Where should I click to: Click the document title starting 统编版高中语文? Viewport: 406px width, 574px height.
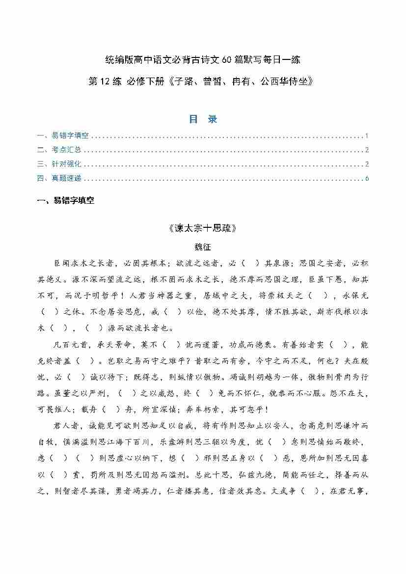[202, 60]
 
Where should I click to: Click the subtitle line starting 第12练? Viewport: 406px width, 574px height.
[202, 81]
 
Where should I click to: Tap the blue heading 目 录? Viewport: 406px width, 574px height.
[203, 119]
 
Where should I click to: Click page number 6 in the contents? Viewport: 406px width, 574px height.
[367, 178]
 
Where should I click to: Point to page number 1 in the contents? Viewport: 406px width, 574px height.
[367, 136]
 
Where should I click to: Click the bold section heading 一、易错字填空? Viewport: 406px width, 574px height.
[66, 201]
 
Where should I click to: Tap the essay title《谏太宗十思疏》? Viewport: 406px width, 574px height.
[203, 228]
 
